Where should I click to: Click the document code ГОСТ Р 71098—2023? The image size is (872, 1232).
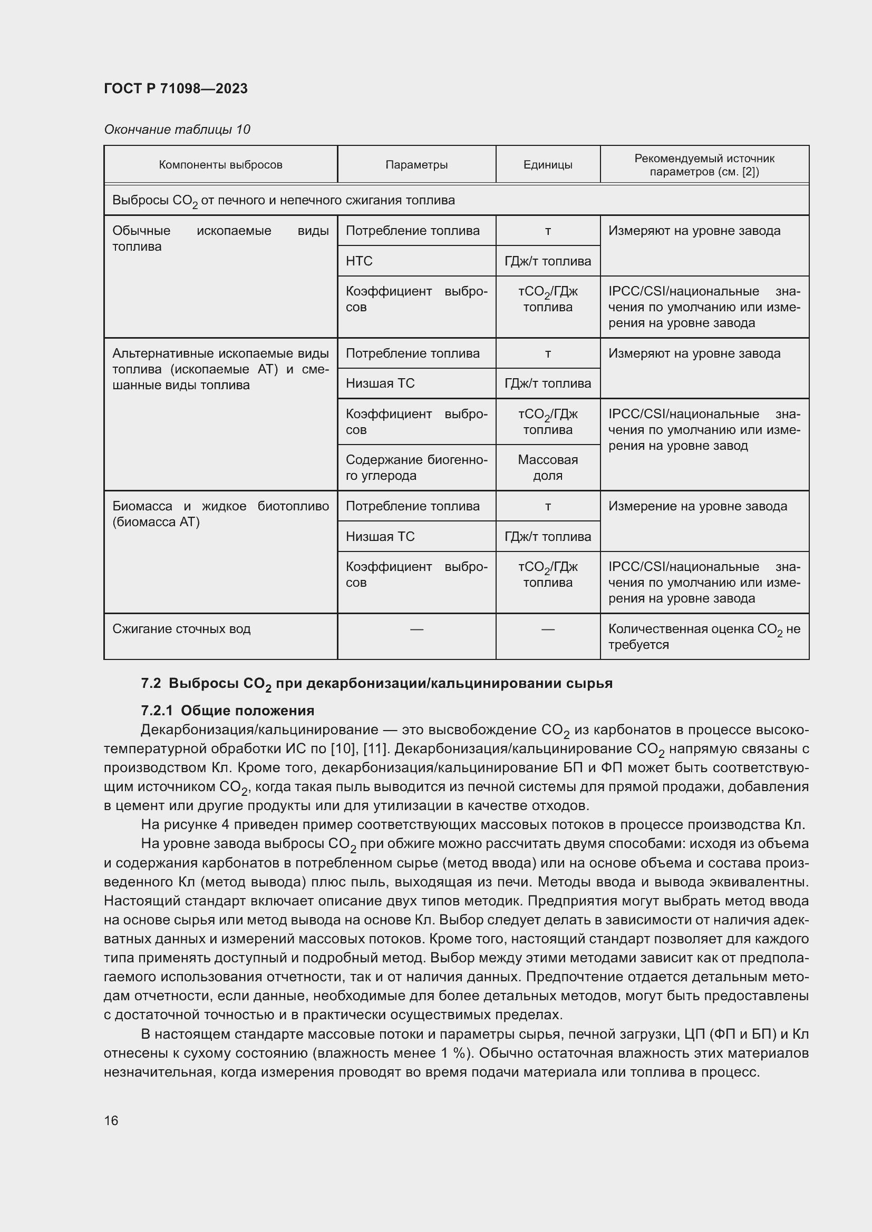coord(176,88)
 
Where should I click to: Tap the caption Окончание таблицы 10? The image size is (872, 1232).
coord(177,130)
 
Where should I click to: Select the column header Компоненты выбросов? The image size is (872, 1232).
coord(220,165)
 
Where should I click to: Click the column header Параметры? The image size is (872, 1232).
coord(416,165)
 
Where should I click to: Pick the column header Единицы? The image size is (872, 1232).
coord(548,165)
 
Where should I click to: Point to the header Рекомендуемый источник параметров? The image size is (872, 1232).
coord(704,165)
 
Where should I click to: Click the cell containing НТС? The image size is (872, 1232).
coord(359,261)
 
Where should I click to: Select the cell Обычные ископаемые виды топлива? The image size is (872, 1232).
coord(220,239)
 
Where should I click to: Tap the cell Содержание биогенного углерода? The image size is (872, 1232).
coord(416,467)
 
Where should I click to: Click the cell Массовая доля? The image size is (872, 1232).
coord(548,467)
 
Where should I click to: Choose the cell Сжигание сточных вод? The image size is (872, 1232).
coord(181,629)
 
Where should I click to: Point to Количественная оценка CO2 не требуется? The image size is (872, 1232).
coord(704,636)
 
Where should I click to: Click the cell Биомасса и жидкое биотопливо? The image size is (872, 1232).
coord(220,514)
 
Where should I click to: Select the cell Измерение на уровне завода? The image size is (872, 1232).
coord(697,507)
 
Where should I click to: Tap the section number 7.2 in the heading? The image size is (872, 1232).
coord(151,684)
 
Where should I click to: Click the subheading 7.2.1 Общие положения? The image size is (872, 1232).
coord(227,711)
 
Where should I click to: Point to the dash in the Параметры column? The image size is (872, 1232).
coord(416,629)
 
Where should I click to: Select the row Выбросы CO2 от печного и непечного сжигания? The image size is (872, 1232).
coord(284,201)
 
